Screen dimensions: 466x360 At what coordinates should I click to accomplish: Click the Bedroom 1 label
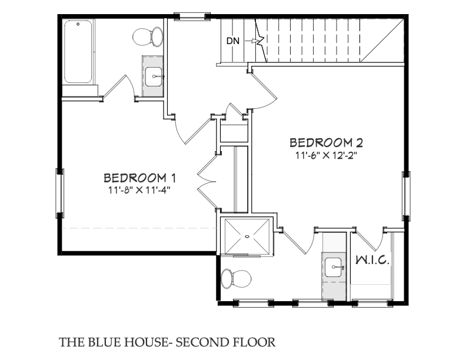tap(139, 178)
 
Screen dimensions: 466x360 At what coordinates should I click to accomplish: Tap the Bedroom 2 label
tap(326, 143)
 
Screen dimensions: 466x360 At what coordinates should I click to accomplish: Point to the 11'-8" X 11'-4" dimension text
tap(139, 190)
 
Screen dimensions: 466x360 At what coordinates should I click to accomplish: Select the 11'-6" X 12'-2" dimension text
tap(326, 155)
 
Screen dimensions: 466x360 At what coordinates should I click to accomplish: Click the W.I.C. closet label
tap(372, 260)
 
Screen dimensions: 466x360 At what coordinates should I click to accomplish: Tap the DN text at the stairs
tap(232, 41)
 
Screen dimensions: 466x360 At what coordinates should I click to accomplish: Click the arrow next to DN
tap(251, 41)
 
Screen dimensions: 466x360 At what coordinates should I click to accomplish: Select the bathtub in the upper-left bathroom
tap(78, 51)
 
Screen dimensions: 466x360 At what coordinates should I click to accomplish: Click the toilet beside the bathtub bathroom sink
tap(148, 37)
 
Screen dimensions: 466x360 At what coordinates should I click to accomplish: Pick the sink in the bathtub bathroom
tap(154, 76)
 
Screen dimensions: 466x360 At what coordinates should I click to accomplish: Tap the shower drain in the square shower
tap(247, 236)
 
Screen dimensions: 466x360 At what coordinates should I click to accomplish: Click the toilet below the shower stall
tap(237, 279)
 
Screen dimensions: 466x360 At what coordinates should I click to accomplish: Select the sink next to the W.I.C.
tap(334, 267)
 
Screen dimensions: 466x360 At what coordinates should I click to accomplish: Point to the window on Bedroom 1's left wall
tap(59, 193)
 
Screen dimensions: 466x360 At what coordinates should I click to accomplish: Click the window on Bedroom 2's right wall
tap(406, 196)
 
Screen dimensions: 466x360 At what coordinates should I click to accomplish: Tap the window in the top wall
tap(192, 16)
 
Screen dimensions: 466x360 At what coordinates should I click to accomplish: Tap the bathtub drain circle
tap(78, 24)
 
